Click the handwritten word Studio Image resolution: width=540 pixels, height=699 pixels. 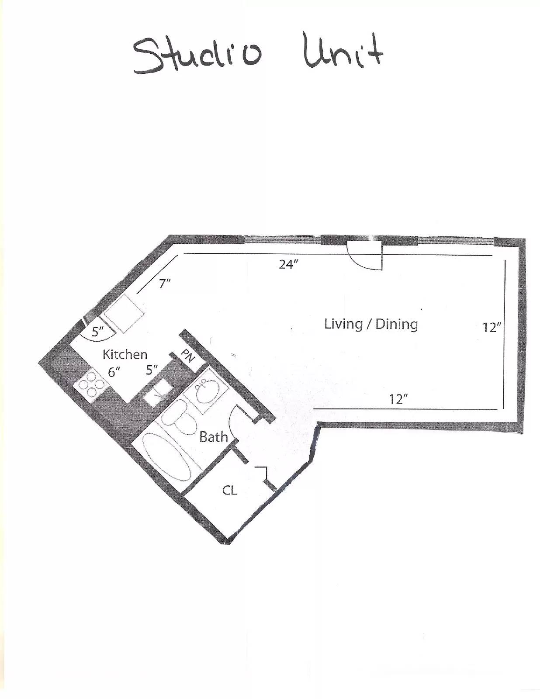[x=197, y=56]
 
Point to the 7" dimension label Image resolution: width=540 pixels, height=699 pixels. [x=164, y=284]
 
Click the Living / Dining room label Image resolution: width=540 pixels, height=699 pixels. [x=371, y=324]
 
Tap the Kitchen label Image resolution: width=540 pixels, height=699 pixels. [x=125, y=354]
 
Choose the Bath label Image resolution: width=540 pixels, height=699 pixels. [x=213, y=437]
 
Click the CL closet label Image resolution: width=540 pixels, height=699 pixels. [x=230, y=490]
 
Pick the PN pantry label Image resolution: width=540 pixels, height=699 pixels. [x=188, y=356]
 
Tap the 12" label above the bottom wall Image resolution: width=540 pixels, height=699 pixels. [x=398, y=399]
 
